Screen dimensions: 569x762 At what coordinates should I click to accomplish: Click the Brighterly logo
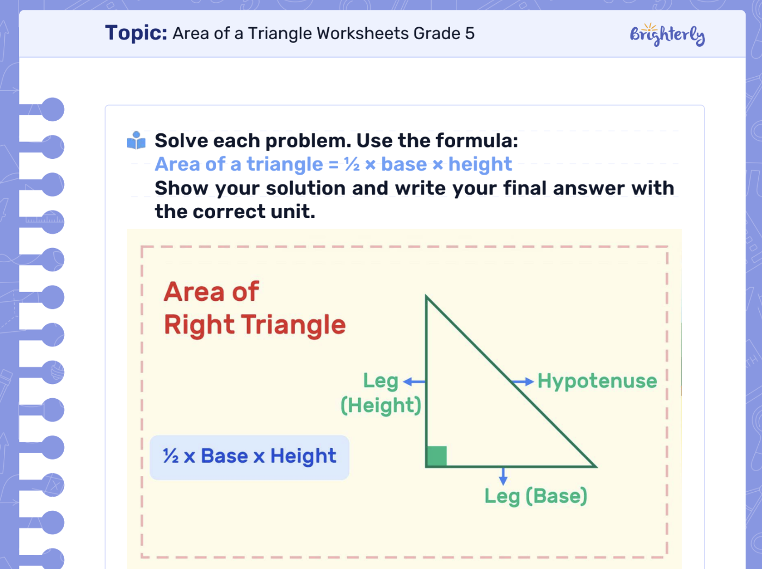point(667,35)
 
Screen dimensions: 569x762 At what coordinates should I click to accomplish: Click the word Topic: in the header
point(136,33)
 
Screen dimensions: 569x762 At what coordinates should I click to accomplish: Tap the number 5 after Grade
point(470,34)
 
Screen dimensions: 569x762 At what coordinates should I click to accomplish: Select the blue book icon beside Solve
point(136,140)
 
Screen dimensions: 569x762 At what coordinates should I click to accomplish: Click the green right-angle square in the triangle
point(437,456)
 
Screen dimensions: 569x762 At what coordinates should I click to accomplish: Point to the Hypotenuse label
point(597,381)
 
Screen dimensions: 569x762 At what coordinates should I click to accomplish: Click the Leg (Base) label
point(536,496)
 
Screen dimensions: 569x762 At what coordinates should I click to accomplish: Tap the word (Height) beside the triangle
point(381,405)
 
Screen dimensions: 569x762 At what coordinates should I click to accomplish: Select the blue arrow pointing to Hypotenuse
point(523,382)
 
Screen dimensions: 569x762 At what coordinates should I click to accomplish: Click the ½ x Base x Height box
point(249,457)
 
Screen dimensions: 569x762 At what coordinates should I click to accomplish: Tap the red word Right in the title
point(199,325)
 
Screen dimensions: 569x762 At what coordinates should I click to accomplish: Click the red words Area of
point(211,292)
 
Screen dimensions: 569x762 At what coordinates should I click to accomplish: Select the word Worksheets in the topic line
point(362,34)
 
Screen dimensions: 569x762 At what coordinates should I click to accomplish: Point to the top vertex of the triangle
point(426,297)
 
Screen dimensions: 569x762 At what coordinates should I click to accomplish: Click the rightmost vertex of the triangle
point(595,466)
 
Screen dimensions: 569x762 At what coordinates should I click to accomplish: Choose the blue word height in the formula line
point(480,164)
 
